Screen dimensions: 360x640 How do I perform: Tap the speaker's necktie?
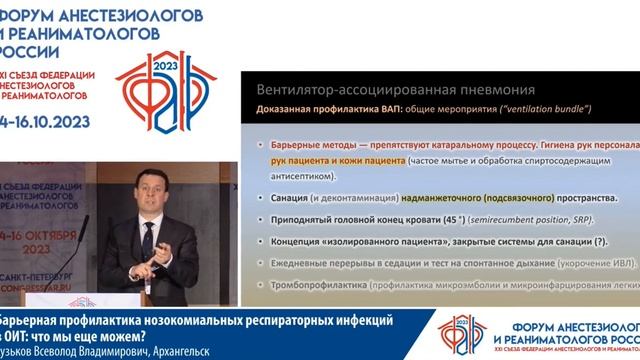pos(146,235)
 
